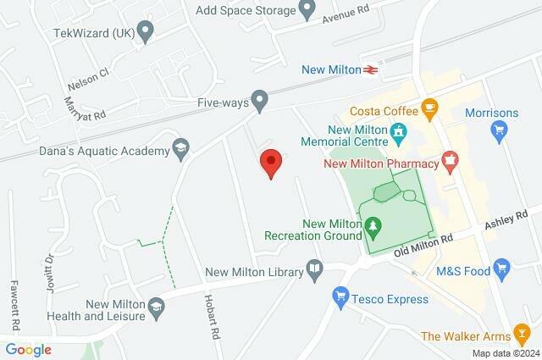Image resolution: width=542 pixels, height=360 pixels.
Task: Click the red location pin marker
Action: pos(270,162)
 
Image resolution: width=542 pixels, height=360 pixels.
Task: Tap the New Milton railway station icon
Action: pos(370,70)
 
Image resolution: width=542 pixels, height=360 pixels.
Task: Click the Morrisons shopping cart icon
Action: pos(499,131)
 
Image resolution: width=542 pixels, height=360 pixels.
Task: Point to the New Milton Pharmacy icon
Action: pos(450,158)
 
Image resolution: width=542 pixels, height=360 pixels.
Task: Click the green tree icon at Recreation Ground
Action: pos(373,225)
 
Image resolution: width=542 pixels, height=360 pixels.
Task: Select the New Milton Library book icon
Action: pos(315,270)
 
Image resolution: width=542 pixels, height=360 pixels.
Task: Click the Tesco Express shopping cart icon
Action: pos(340,298)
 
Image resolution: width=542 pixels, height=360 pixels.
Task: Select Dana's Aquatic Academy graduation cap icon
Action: pos(180,149)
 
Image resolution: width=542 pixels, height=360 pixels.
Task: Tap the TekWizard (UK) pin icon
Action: pos(146,33)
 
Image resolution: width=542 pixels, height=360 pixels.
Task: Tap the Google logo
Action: pos(28,349)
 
